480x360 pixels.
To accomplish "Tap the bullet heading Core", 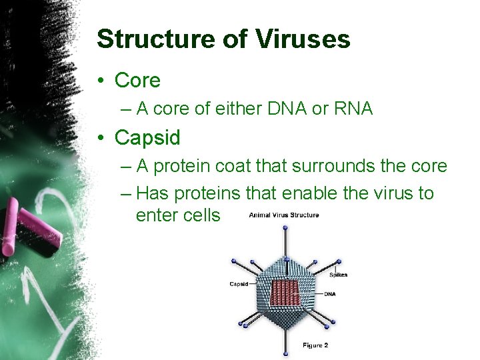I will tap(137, 81).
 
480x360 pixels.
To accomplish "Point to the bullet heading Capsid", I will tap(147, 137).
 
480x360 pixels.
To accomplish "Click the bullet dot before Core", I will tap(101, 81).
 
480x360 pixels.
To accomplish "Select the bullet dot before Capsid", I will tap(101, 138).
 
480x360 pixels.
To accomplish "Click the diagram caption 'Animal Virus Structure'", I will tap(284, 215).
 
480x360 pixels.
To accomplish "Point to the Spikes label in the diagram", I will tap(338, 275).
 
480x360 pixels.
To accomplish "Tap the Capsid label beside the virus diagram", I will tap(239, 283).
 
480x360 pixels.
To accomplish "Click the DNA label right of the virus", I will tap(330, 293).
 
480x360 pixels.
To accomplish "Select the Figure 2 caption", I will tap(315, 345).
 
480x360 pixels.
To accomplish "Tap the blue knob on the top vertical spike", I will tap(285, 228).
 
